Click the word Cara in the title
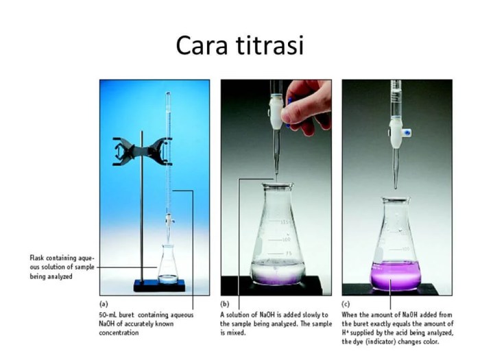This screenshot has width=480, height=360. point(202,46)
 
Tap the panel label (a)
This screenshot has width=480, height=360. point(104,304)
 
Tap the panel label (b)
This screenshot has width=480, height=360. point(225,304)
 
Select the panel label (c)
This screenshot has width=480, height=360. point(346,304)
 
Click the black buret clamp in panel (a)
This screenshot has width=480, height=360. point(142,152)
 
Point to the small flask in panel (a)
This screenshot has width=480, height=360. point(168,263)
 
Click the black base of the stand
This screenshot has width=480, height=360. point(159,285)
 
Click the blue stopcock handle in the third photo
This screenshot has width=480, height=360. point(407,132)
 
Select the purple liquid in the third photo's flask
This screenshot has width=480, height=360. point(395,276)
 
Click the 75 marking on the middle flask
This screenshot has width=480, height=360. point(288,254)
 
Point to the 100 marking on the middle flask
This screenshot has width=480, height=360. point(286,239)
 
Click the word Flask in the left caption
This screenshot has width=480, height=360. point(37,258)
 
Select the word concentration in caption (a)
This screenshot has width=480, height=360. point(119,333)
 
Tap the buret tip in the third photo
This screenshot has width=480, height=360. point(396,187)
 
